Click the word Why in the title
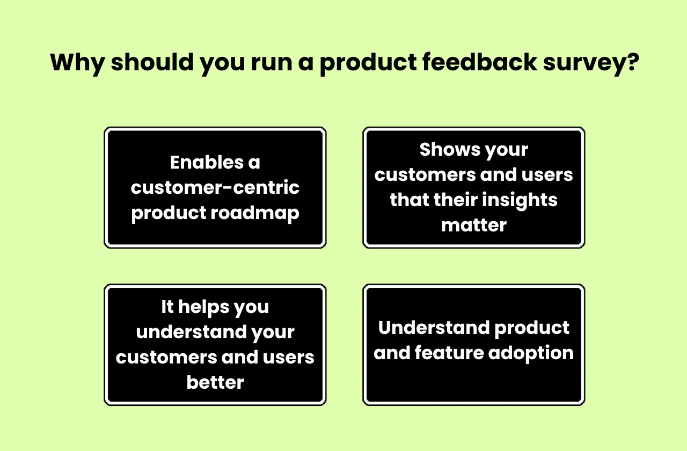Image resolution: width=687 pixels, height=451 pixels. [x=76, y=63]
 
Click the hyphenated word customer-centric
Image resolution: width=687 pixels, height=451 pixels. [x=215, y=188]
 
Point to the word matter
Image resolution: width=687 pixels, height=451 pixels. [x=474, y=225]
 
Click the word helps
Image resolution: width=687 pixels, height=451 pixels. [x=204, y=307]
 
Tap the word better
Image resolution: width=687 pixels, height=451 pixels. [x=215, y=382]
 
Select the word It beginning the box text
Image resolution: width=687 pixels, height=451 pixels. [x=167, y=307]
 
